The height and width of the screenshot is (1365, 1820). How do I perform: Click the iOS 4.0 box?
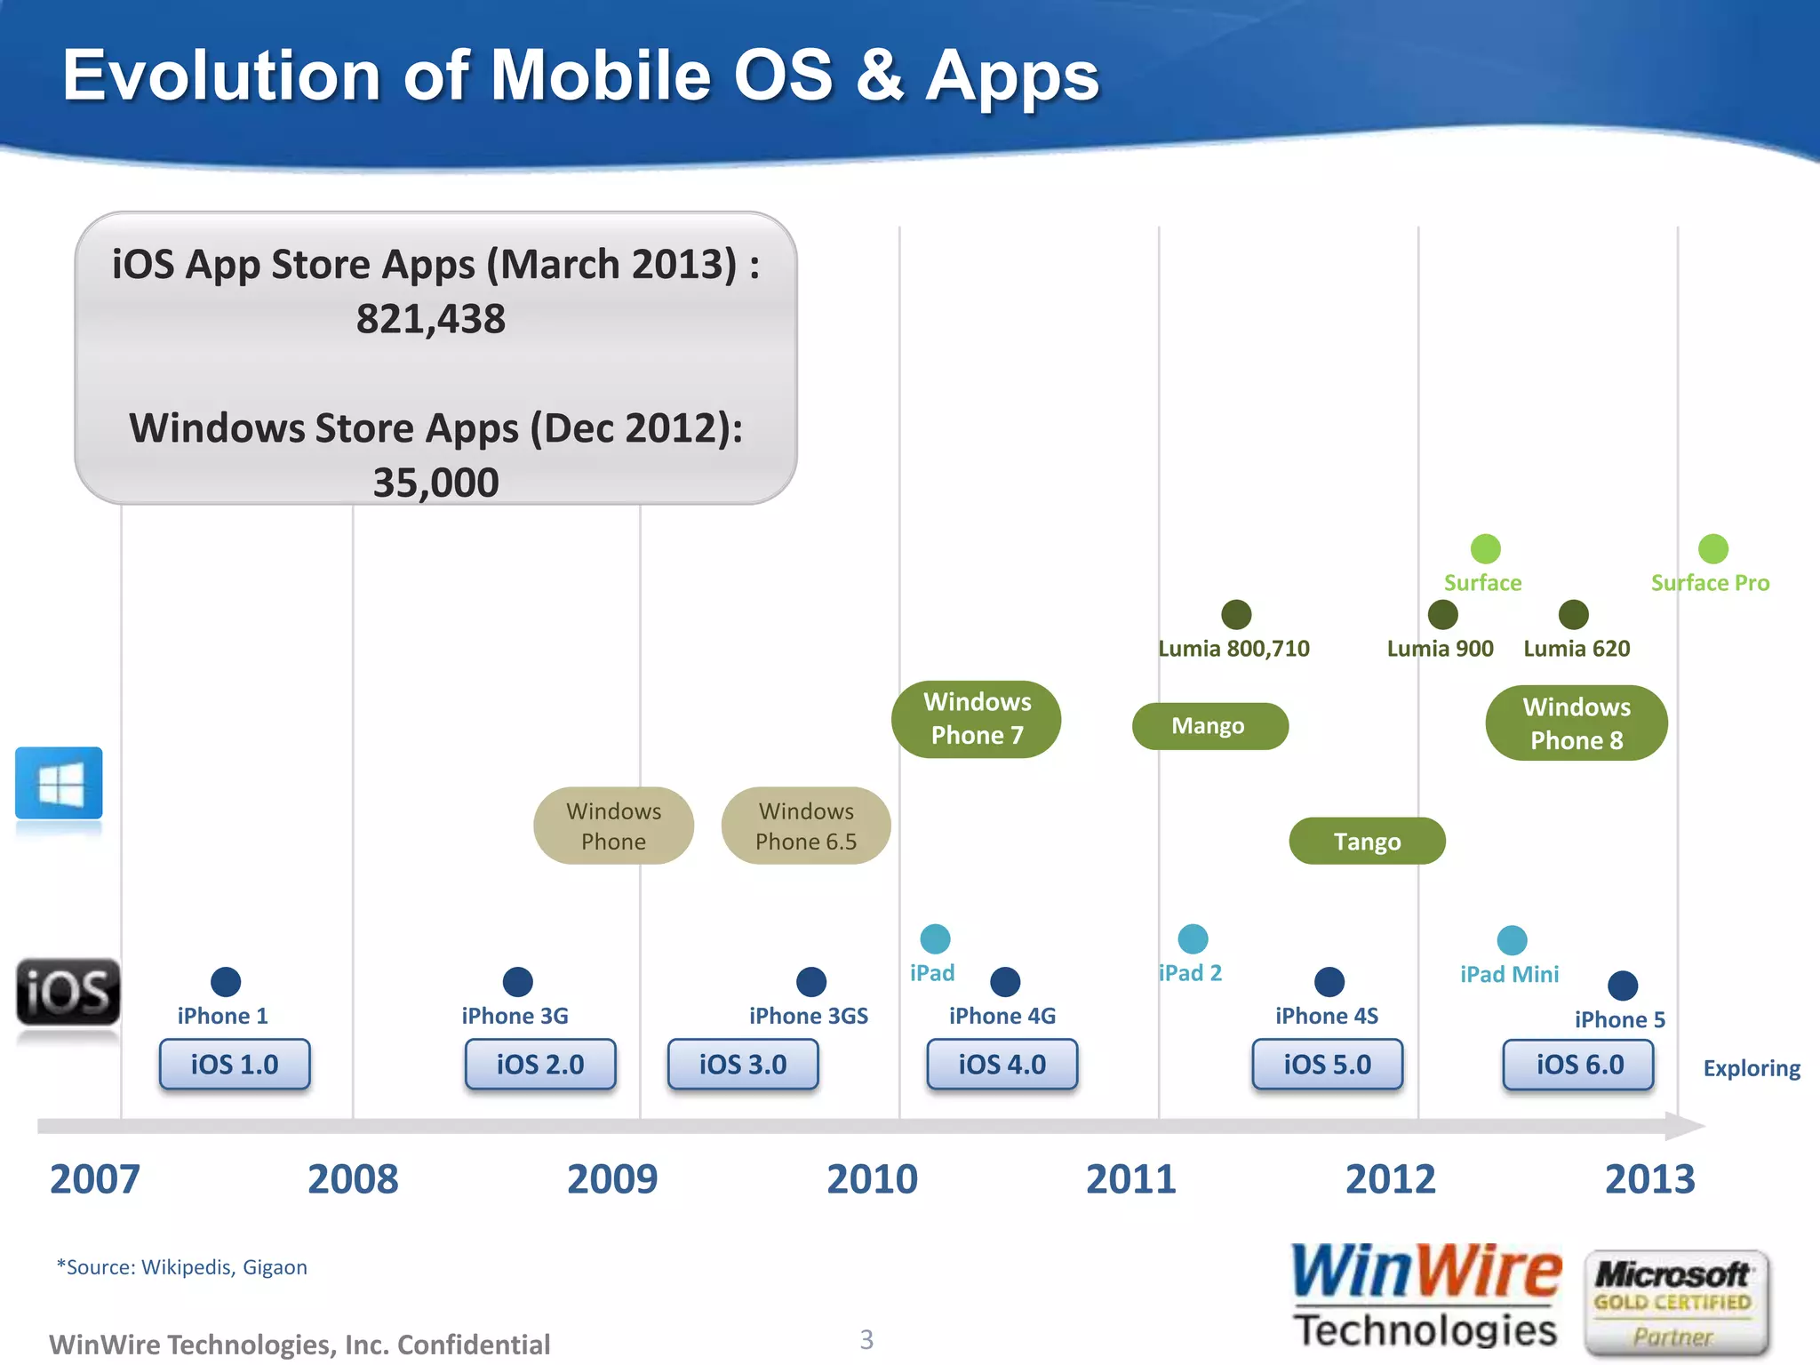1002,1064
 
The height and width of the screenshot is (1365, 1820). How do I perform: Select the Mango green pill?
1209,726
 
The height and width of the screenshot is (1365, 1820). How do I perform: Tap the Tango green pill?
1367,841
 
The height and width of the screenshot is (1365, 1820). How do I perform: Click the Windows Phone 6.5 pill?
806,826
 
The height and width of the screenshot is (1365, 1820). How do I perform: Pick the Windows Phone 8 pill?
1577,723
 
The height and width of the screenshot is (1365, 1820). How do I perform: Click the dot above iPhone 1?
226,982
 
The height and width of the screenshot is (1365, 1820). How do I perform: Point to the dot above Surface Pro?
1712,549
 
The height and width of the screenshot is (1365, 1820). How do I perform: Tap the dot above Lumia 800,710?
1236,614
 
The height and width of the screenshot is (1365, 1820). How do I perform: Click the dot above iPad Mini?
1512,940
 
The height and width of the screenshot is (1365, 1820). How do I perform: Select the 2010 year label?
872,1179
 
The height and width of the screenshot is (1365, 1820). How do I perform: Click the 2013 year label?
1649,1179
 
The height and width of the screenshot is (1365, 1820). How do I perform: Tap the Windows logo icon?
59,783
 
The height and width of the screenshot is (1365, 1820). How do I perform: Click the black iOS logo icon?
68,993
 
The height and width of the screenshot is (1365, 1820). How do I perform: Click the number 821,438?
431,319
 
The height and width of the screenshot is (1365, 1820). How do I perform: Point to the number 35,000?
435,483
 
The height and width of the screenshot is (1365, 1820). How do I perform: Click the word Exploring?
1751,1068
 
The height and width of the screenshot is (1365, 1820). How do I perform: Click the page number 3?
866,1339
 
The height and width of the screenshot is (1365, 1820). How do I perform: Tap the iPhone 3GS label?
808,1016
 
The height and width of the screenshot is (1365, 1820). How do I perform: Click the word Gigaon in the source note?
275,1267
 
